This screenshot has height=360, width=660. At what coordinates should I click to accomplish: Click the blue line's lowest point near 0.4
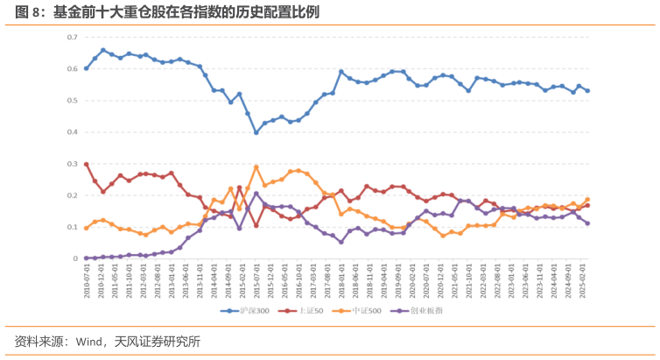[256, 132]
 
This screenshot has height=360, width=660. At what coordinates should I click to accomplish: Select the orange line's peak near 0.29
[256, 166]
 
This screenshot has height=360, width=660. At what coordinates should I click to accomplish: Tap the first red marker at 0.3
[86, 164]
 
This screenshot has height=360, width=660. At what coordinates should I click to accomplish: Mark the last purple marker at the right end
[587, 223]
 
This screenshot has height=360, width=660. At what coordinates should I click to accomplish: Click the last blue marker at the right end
[587, 90]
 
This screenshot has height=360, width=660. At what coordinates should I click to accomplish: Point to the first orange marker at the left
[86, 228]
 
